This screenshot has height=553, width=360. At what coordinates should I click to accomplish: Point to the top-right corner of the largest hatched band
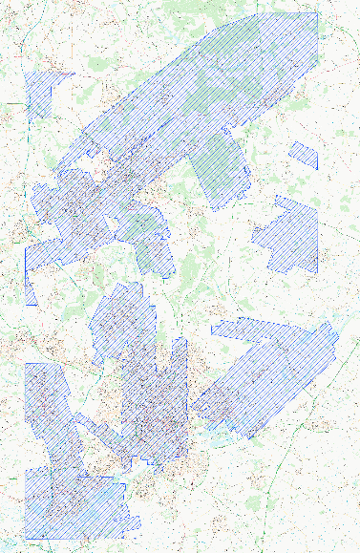318,13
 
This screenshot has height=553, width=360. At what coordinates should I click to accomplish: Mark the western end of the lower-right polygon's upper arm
211,330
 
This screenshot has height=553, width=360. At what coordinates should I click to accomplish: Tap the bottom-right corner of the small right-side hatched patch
317,169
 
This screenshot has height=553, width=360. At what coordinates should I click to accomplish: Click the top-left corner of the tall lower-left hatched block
25,364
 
